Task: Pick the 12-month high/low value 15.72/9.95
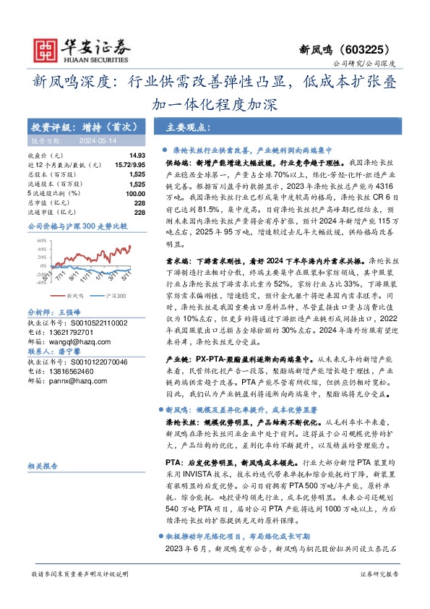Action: tap(129, 166)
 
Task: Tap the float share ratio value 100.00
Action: tap(135, 194)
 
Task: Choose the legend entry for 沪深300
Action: tap(116, 315)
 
